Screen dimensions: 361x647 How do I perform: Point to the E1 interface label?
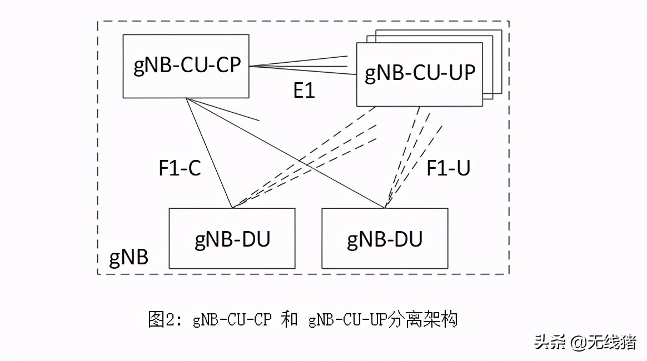coord(304,90)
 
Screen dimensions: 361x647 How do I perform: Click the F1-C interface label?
coord(180,168)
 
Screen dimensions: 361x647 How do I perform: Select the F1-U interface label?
coord(448,168)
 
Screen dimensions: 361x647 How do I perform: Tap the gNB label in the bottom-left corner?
coord(128,259)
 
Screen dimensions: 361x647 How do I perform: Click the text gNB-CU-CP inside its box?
coord(187,65)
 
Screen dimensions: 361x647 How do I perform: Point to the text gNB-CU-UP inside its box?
coord(420,73)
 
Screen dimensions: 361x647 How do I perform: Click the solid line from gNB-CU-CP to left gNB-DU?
coord(209,153)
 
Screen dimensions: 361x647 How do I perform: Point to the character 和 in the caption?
coord(289,320)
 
